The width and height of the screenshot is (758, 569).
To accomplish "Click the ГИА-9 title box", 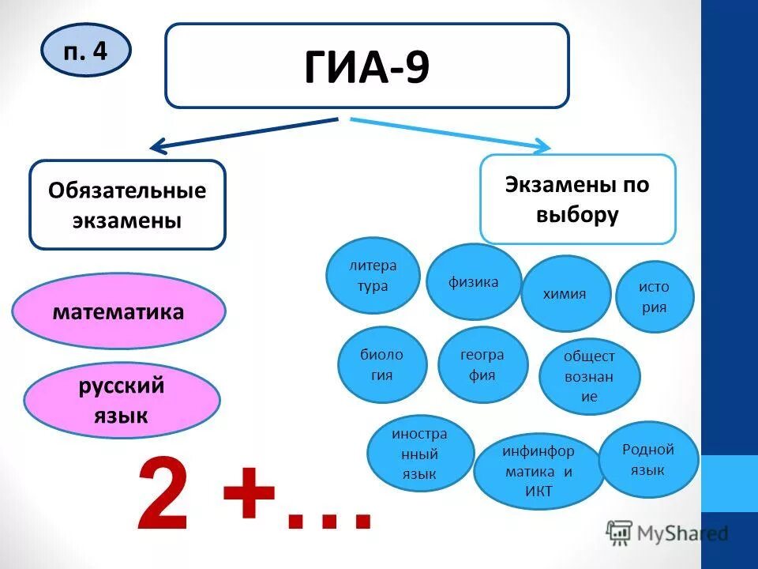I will [x=366, y=66].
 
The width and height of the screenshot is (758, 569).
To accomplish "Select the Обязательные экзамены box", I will [x=127, y=205].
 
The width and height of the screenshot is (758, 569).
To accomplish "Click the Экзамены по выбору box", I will [x=577, y=199].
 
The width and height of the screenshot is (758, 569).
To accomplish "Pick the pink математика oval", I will [x=119, y=312].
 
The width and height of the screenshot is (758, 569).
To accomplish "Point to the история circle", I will [x=654, y=296].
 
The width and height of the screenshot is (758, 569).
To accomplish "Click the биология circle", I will [x=382, y=364].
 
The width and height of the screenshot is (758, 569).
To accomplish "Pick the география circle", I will [x=482, y=364].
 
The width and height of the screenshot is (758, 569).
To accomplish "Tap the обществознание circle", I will [x=589, y=377].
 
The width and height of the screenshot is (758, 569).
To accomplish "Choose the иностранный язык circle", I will [x=420, y=454].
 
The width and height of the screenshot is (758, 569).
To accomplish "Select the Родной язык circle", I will [x=648, y=460].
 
